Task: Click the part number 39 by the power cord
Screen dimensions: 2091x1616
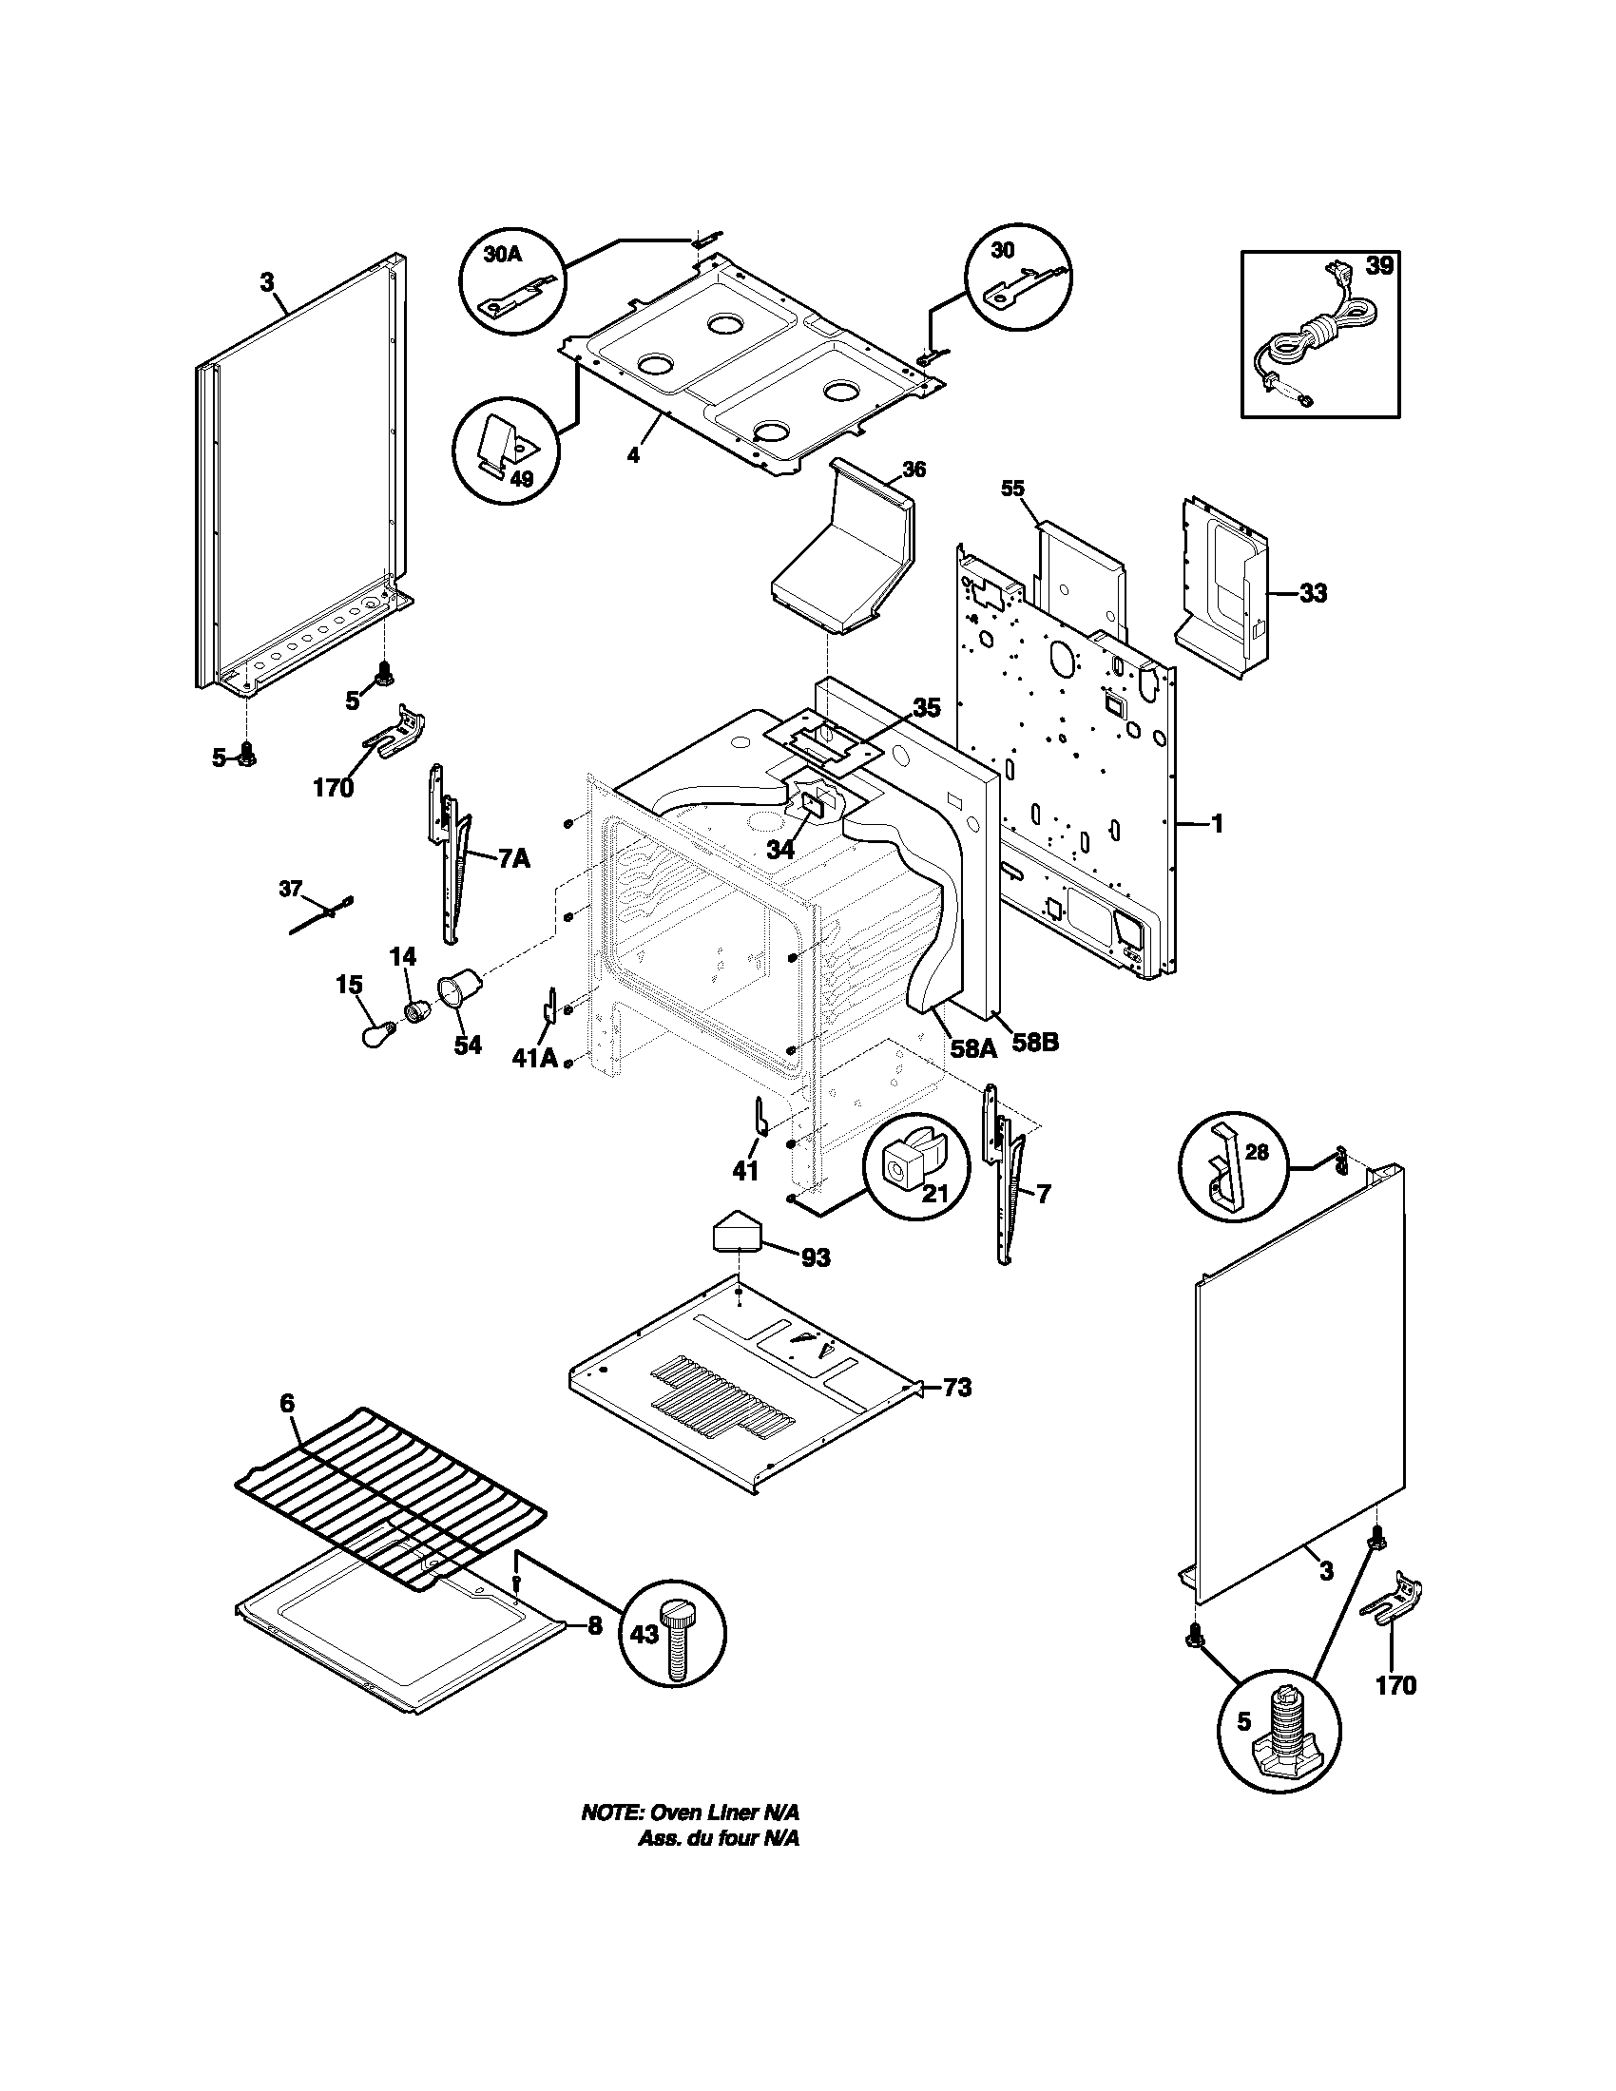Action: pos(1379,267)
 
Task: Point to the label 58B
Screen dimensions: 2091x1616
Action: pos(1035,1042)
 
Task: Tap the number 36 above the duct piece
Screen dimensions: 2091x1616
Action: pos(914,470)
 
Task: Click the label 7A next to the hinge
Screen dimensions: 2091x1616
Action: pos(513,859)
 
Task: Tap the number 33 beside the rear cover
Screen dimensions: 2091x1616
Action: pos(1314,594)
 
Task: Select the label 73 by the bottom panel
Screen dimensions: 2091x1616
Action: pos(957,1388)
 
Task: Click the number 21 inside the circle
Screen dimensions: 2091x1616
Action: pos(922,1194)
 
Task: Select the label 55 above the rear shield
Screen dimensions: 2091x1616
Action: pos(1013,489)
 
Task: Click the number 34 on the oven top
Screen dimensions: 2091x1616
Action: pos(781,849)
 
